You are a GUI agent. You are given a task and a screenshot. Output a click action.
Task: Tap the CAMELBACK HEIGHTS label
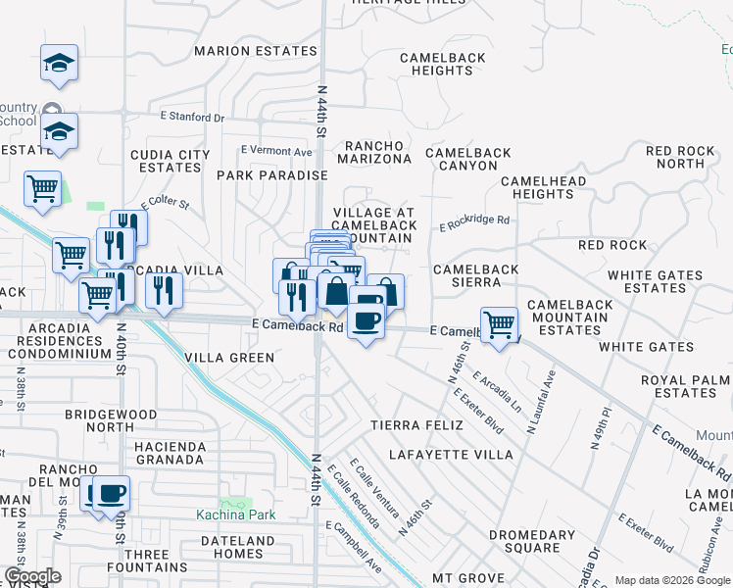[x=442, y=65]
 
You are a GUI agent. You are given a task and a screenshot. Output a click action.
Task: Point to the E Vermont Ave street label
[x=276, y=152]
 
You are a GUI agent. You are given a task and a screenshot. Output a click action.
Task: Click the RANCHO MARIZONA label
[x=374, y=152]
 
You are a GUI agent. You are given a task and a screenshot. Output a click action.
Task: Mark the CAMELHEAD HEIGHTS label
[x=543, y=187]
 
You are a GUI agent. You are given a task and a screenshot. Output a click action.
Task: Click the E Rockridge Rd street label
[x=474, y=221]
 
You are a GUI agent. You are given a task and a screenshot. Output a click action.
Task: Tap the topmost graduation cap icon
[x=59, y=63]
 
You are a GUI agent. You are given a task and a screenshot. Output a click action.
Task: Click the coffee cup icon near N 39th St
[x=110, y=492]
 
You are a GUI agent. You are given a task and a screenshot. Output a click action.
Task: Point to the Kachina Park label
[x=234, y=514]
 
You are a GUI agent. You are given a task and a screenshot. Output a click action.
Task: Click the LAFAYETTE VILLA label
[x=450, y=455]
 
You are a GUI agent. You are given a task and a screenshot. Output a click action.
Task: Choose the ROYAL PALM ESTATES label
[x=685, y=386]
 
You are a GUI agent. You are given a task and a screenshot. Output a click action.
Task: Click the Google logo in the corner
[x=32, y=576]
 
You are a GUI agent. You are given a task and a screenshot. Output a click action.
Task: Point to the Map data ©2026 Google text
[x=671, y=580]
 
